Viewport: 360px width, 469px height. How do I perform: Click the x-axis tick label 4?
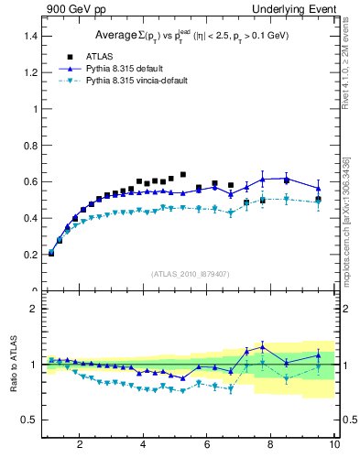(144, 446)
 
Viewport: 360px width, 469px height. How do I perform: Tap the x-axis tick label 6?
(207, 446)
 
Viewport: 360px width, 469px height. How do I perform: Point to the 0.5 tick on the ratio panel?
(30, 420)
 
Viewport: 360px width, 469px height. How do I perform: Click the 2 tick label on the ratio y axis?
(34, 310)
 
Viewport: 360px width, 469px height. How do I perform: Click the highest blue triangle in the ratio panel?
(262, 345)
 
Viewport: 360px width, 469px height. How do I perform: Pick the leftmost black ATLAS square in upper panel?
(50, 253)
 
